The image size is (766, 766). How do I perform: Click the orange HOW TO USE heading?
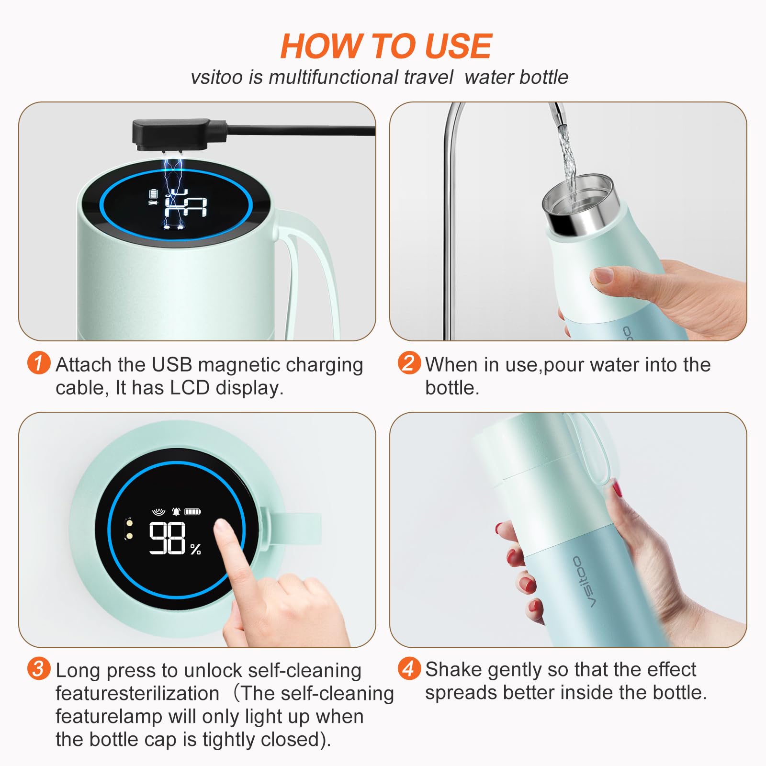pos(386,46)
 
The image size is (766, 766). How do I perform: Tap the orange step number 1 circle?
pos(39,363)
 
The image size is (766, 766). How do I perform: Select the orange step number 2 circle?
pos(409,363)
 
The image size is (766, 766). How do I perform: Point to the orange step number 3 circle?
pos(39,668)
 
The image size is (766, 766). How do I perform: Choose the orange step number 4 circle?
pos(409,668)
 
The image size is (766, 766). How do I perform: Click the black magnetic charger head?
pos(171,135)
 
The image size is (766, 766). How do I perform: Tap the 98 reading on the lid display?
pos(167,538)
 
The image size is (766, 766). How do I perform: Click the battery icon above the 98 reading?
pos(193,512)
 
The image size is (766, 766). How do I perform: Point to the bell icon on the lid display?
pos(176,511)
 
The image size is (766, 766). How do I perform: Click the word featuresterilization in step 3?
pos(137,693)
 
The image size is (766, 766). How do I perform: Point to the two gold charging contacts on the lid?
pos(128,529)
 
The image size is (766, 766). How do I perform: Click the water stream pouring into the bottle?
pos(565,153)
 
